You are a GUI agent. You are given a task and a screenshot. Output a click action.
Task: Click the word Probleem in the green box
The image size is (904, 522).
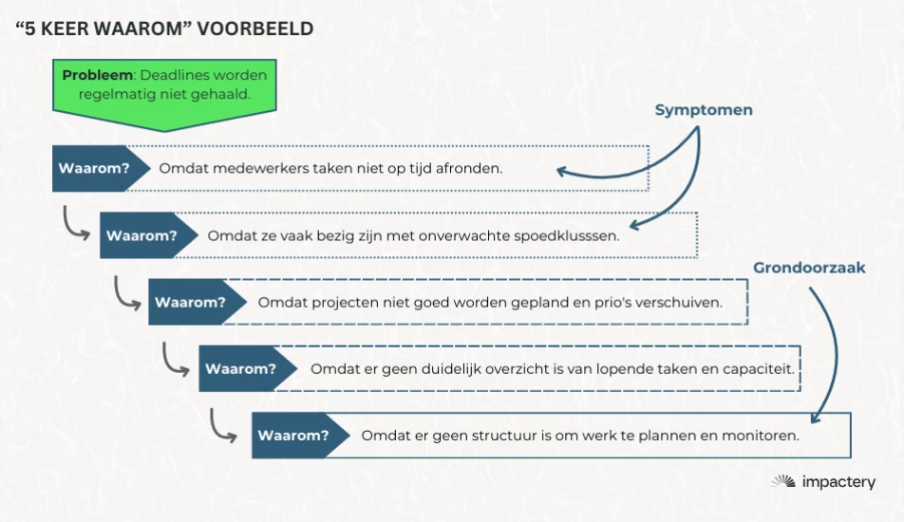click(97, 75)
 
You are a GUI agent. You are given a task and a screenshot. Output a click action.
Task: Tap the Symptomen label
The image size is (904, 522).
click(704, 110)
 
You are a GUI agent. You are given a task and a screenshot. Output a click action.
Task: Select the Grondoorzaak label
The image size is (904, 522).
click(809, 268)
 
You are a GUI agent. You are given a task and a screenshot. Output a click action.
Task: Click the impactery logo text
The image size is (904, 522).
click(838, 483)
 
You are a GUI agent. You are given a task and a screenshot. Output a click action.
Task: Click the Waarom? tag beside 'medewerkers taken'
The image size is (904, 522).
click(92, 169)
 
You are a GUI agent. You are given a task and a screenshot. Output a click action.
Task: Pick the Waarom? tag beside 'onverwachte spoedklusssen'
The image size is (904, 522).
click(141, 235)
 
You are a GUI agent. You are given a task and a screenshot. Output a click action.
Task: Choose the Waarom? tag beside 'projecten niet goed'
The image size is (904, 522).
click(190, 303)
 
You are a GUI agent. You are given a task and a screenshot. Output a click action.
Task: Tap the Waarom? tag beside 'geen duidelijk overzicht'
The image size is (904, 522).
click(240, 368)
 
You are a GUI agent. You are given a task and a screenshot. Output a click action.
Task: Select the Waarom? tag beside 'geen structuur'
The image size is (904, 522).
click(292, 436)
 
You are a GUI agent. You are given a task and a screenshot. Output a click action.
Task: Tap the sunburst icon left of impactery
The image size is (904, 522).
click(783, 483)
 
